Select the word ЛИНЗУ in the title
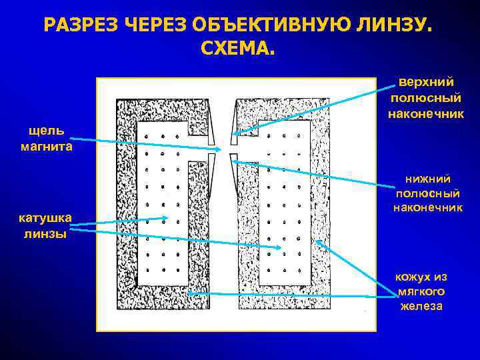pos(393,26)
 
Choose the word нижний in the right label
pos(428,178)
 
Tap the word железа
pos(421,307)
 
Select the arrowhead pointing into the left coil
pos(166,218)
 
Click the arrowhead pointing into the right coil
pos(283,249)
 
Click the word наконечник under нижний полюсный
pos(428,208)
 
